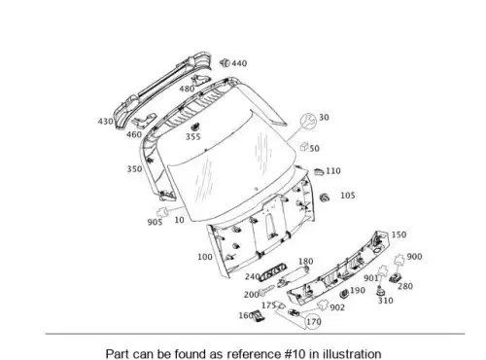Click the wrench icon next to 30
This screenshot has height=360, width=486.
coord(308,122)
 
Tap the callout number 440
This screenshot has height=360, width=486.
coord(239,63)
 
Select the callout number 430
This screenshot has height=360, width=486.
coord(106,122)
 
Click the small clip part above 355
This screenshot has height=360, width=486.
coord(195,126)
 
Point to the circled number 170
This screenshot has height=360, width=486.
coord(314,322)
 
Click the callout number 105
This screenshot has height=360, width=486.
coord(348,196)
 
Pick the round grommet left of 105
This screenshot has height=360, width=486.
coord(325,198)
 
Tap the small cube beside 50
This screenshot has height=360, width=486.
coord(304,147)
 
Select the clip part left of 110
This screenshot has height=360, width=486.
coord(319,172)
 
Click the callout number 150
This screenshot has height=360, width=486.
coord(399,234)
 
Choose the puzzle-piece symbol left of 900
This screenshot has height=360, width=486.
coord(399,260)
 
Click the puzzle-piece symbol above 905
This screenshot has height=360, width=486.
coord(162,211)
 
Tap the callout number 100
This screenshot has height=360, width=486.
coord(205,257)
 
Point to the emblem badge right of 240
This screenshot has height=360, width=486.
coord(274,271)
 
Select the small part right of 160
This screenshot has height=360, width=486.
coord(259,315)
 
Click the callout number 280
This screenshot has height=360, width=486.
coord(405,286)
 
